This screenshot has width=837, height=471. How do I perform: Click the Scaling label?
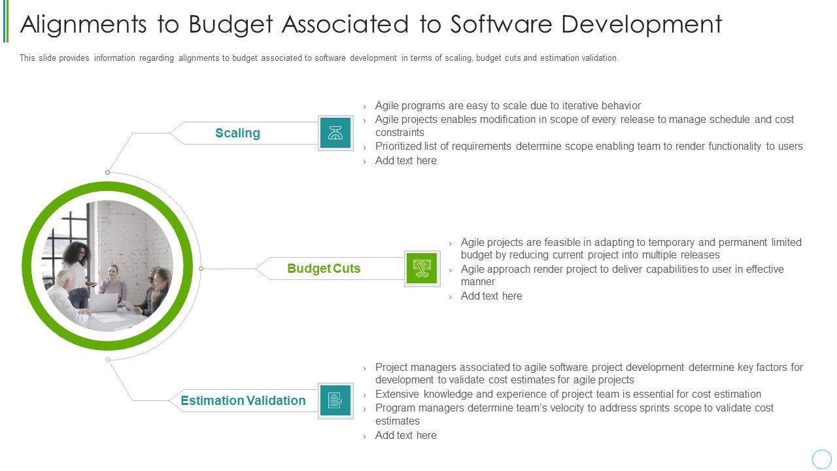237,133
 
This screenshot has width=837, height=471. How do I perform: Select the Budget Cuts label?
324,269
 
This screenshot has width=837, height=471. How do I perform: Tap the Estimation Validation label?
243,401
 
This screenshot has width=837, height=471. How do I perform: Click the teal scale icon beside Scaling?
335,133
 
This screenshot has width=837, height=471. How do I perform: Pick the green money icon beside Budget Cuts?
422,269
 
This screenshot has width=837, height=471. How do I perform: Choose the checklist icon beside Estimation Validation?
335,401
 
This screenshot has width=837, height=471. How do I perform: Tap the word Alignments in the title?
84,24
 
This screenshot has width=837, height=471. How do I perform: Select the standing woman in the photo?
77,268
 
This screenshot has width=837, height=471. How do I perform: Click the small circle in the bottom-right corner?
821,459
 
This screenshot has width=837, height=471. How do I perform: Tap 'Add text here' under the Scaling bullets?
405,161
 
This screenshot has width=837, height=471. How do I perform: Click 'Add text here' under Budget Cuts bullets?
491,296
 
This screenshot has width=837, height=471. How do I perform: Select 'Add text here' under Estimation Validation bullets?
405,436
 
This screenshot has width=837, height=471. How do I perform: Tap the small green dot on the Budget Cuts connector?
201,269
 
